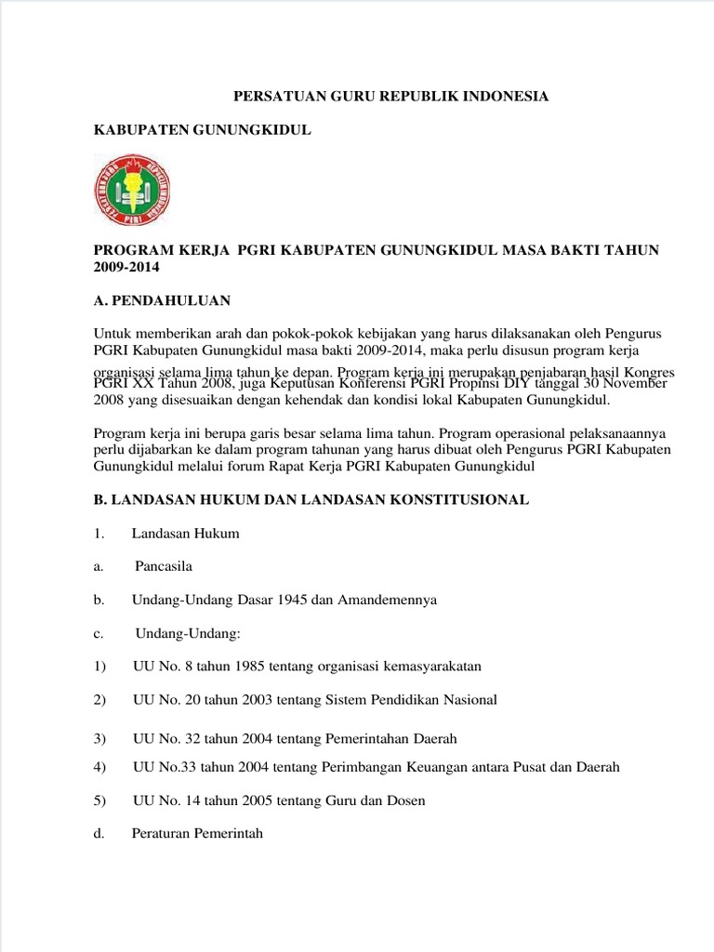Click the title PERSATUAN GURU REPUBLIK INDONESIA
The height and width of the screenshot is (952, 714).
click(x=390, y=97)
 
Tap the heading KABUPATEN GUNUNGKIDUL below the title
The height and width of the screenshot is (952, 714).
click(x=203, y=131)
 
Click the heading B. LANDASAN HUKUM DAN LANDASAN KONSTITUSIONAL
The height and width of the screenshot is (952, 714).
click(x=311, y=499)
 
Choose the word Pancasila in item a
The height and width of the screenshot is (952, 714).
click(x=165, y=566)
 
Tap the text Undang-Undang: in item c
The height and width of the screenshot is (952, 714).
click(x=188, y=633)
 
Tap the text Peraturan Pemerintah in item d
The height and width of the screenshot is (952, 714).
click(x=197, y=834)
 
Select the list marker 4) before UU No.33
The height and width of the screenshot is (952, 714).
click(x=100, y=767)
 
